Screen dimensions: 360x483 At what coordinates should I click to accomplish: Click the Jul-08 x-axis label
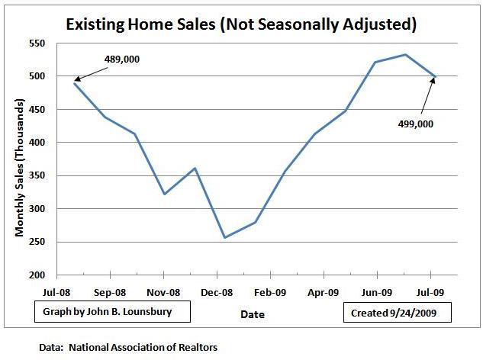click(x=57, y=292)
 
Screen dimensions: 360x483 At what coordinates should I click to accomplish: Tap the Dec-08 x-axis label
click(x=217, y=292)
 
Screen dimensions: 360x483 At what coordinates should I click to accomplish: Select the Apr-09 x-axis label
click(x=324, y=292)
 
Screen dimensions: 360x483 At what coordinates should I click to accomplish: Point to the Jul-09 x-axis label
click(x=431, y=292)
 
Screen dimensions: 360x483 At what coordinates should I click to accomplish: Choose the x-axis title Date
click(x=252, y=313)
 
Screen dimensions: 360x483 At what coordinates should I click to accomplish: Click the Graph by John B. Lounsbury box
click(x=112, y=313)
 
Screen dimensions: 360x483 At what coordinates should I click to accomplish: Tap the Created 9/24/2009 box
click(x=397, y=313)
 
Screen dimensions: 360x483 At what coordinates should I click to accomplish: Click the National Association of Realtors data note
click(x=129, y=346)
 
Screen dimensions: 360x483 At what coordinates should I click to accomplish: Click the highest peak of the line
click(x=405, y=55)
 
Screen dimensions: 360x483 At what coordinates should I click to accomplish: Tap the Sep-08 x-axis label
click(x=111, y=292)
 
